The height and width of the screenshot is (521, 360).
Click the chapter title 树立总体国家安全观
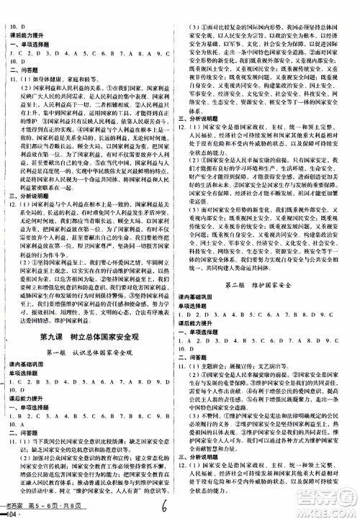click(111, 340)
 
